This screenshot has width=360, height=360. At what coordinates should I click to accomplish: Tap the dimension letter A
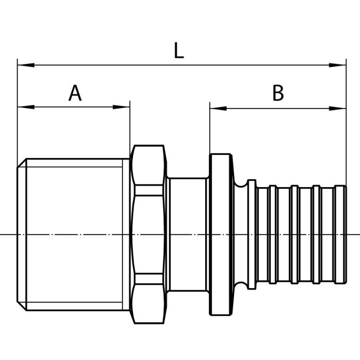coord(75,93)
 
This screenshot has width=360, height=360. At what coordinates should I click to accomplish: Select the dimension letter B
coord(278,93)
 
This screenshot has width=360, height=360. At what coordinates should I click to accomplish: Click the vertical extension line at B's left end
coord(210,130)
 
